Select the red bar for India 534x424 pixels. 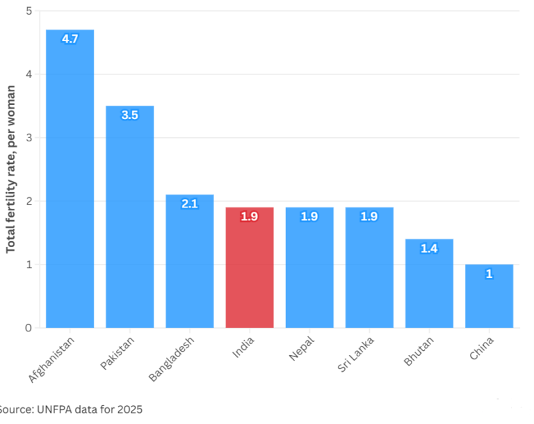click(250, 272)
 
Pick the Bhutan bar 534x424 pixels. click(429, 285)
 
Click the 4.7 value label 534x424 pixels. click(70, 39)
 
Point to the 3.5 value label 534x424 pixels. click(129, 115)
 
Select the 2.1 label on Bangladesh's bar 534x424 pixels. click(189, 204)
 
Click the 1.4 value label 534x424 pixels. click(429, 249)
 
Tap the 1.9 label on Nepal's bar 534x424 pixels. click(309, 217)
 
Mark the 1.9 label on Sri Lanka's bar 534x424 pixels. click(369, 217)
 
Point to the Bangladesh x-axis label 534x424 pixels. click(171, 358)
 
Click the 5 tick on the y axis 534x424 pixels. click(29, 11)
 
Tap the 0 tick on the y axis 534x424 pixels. click(29, 328)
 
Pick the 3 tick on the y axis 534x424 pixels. click(29, 138)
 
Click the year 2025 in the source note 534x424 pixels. click(129, 409)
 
